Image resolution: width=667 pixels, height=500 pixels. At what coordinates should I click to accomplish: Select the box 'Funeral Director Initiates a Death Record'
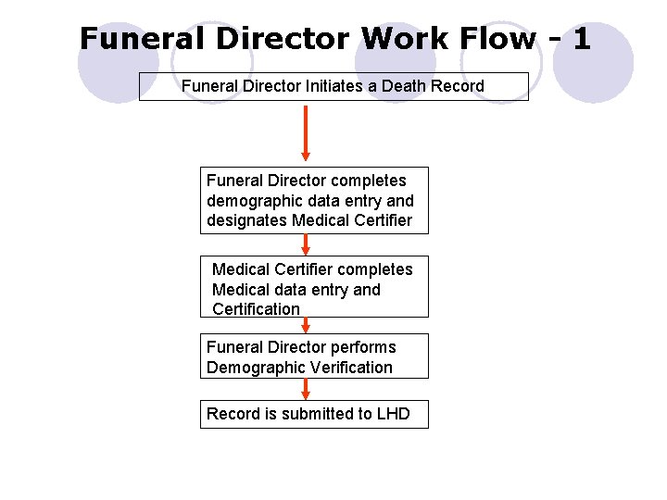[x=333, y=86]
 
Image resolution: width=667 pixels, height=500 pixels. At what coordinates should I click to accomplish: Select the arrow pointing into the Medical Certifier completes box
[x=306, y=244]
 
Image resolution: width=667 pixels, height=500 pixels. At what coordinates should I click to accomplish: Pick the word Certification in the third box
[x=256, y=309]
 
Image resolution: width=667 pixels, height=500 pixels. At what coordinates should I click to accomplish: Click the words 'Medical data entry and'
[x=296, y=290]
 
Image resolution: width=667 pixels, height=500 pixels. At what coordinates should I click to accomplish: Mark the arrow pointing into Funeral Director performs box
[x=306, y=325]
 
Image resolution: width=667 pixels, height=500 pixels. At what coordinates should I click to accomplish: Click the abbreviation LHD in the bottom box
[x=393, y=414]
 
